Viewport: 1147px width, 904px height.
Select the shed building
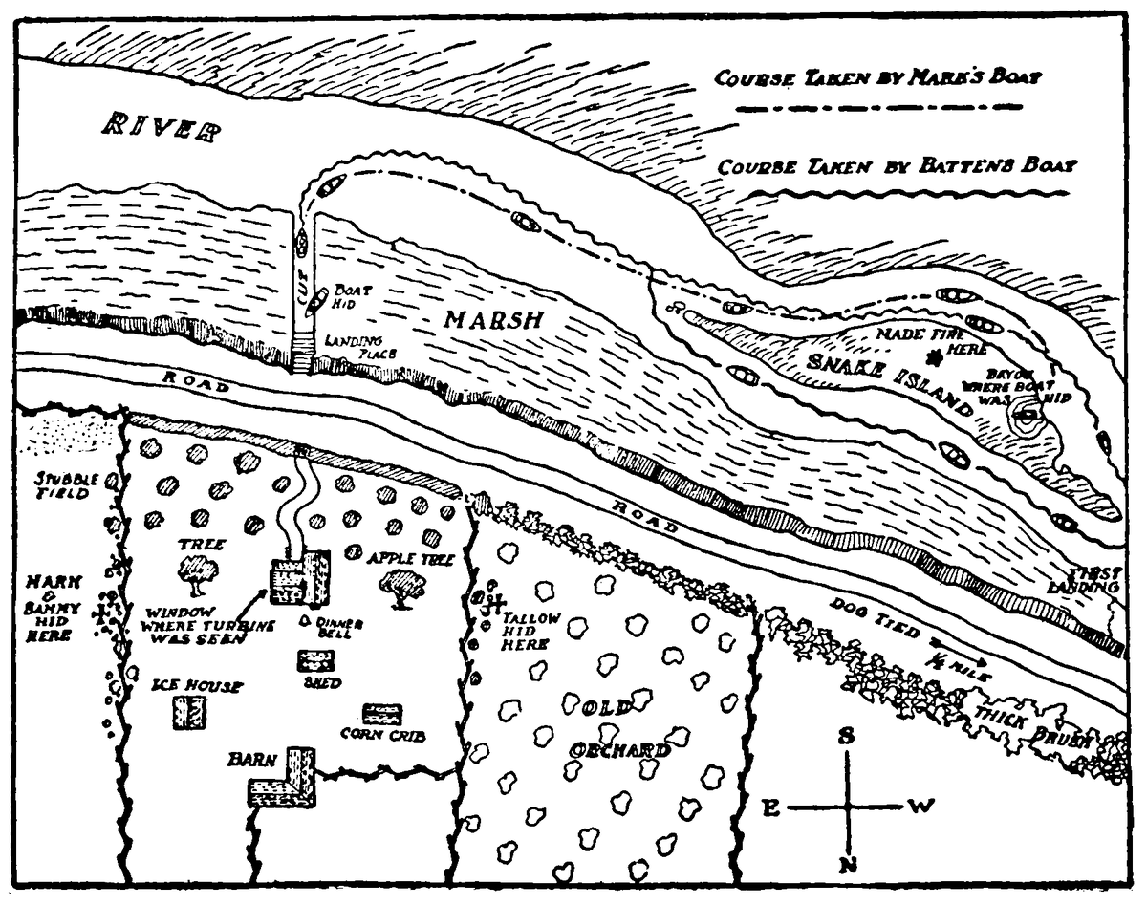point(315,660)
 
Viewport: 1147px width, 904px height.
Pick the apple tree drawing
point(402,587)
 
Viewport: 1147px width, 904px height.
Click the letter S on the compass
point(846,737)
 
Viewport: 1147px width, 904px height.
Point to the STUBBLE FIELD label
point(63,485)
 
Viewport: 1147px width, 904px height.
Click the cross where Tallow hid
point(495,603)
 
